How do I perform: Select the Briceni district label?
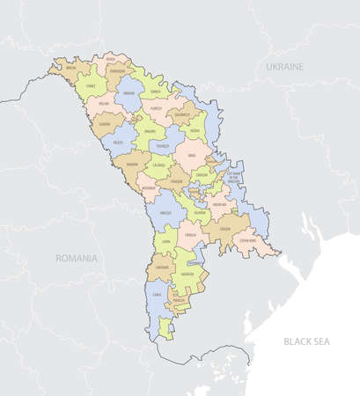pyautogui.click(x=70, y=67)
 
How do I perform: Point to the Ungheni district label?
pyautogui.click(x=133, y=164)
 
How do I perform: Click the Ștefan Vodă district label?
pyautogui.click(x=247, y=239)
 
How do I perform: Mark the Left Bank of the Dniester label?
pyautogui.click(x=234, y=176)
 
